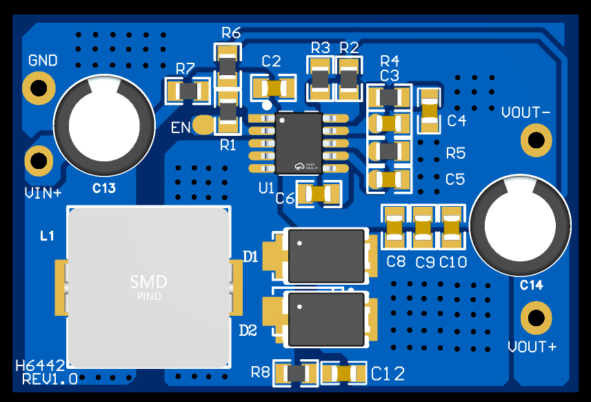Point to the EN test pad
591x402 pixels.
point(203,125)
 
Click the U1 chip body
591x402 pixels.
point(300,143)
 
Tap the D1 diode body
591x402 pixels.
point(326,256)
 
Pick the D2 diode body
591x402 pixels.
point(326,319)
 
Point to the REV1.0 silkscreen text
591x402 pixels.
point(50,379)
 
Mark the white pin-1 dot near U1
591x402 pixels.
point(266,105)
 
